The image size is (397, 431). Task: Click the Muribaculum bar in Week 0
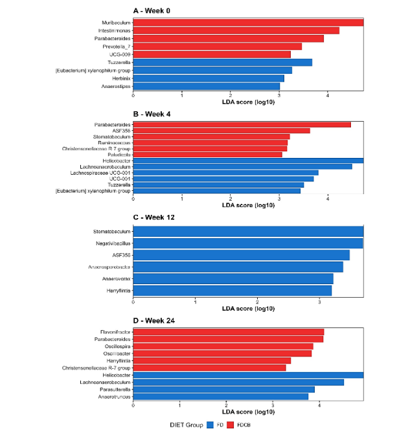[248, 23]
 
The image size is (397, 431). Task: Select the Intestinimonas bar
[236, 30]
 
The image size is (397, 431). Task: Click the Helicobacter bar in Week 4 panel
[248, 160]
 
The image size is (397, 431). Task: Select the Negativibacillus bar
[247, 243]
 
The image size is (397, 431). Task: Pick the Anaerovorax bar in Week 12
[233, 279]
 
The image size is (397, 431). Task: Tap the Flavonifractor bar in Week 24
[228, 332]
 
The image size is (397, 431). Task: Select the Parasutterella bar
[223, 390]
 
